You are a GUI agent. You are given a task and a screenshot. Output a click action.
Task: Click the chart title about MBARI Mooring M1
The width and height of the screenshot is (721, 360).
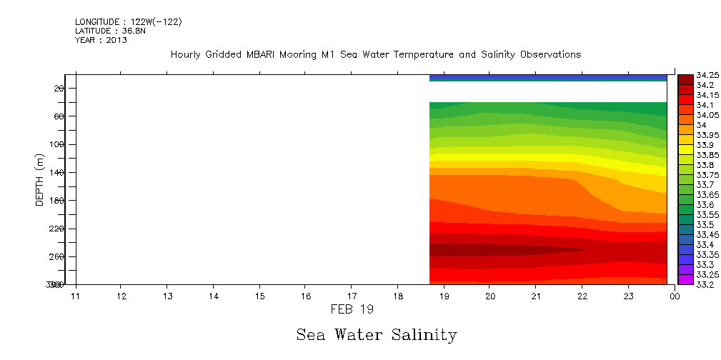(x=376, y=55)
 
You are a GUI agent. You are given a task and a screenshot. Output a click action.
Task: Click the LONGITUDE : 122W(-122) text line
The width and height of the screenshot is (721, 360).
(x=129, y=22)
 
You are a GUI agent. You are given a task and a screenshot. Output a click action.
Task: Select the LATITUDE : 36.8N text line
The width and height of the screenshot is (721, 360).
(x=111, y=31)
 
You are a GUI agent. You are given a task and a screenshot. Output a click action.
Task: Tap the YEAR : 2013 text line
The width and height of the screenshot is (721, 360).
(x=101, y=40)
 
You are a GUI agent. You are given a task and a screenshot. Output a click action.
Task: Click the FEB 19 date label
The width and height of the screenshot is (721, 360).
(x=353, y=309)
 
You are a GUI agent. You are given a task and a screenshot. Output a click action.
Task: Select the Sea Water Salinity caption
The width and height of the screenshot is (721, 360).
(x=376, y=334)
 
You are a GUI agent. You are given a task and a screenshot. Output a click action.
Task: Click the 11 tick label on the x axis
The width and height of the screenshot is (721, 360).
(x=75, y=296)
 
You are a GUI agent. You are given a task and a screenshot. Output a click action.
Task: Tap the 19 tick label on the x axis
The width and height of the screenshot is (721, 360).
(x=444, y=296)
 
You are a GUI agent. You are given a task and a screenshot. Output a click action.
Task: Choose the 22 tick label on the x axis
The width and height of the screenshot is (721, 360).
(x=582, y=296)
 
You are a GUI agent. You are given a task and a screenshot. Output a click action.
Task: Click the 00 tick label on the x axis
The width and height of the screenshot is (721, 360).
(x=674, y=296)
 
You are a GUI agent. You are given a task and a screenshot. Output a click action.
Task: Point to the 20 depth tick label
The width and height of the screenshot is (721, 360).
(x=59, y=88)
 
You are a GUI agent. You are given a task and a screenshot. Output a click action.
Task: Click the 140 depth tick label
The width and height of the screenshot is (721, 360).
(x=56, y=172)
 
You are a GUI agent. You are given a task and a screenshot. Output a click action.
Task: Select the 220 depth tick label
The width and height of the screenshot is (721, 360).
(x=56, y=229)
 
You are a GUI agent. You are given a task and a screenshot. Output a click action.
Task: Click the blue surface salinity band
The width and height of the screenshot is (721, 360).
(x=547, y=77)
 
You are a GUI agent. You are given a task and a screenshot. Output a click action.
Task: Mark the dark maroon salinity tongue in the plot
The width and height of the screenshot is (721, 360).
(x=486, y=250)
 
